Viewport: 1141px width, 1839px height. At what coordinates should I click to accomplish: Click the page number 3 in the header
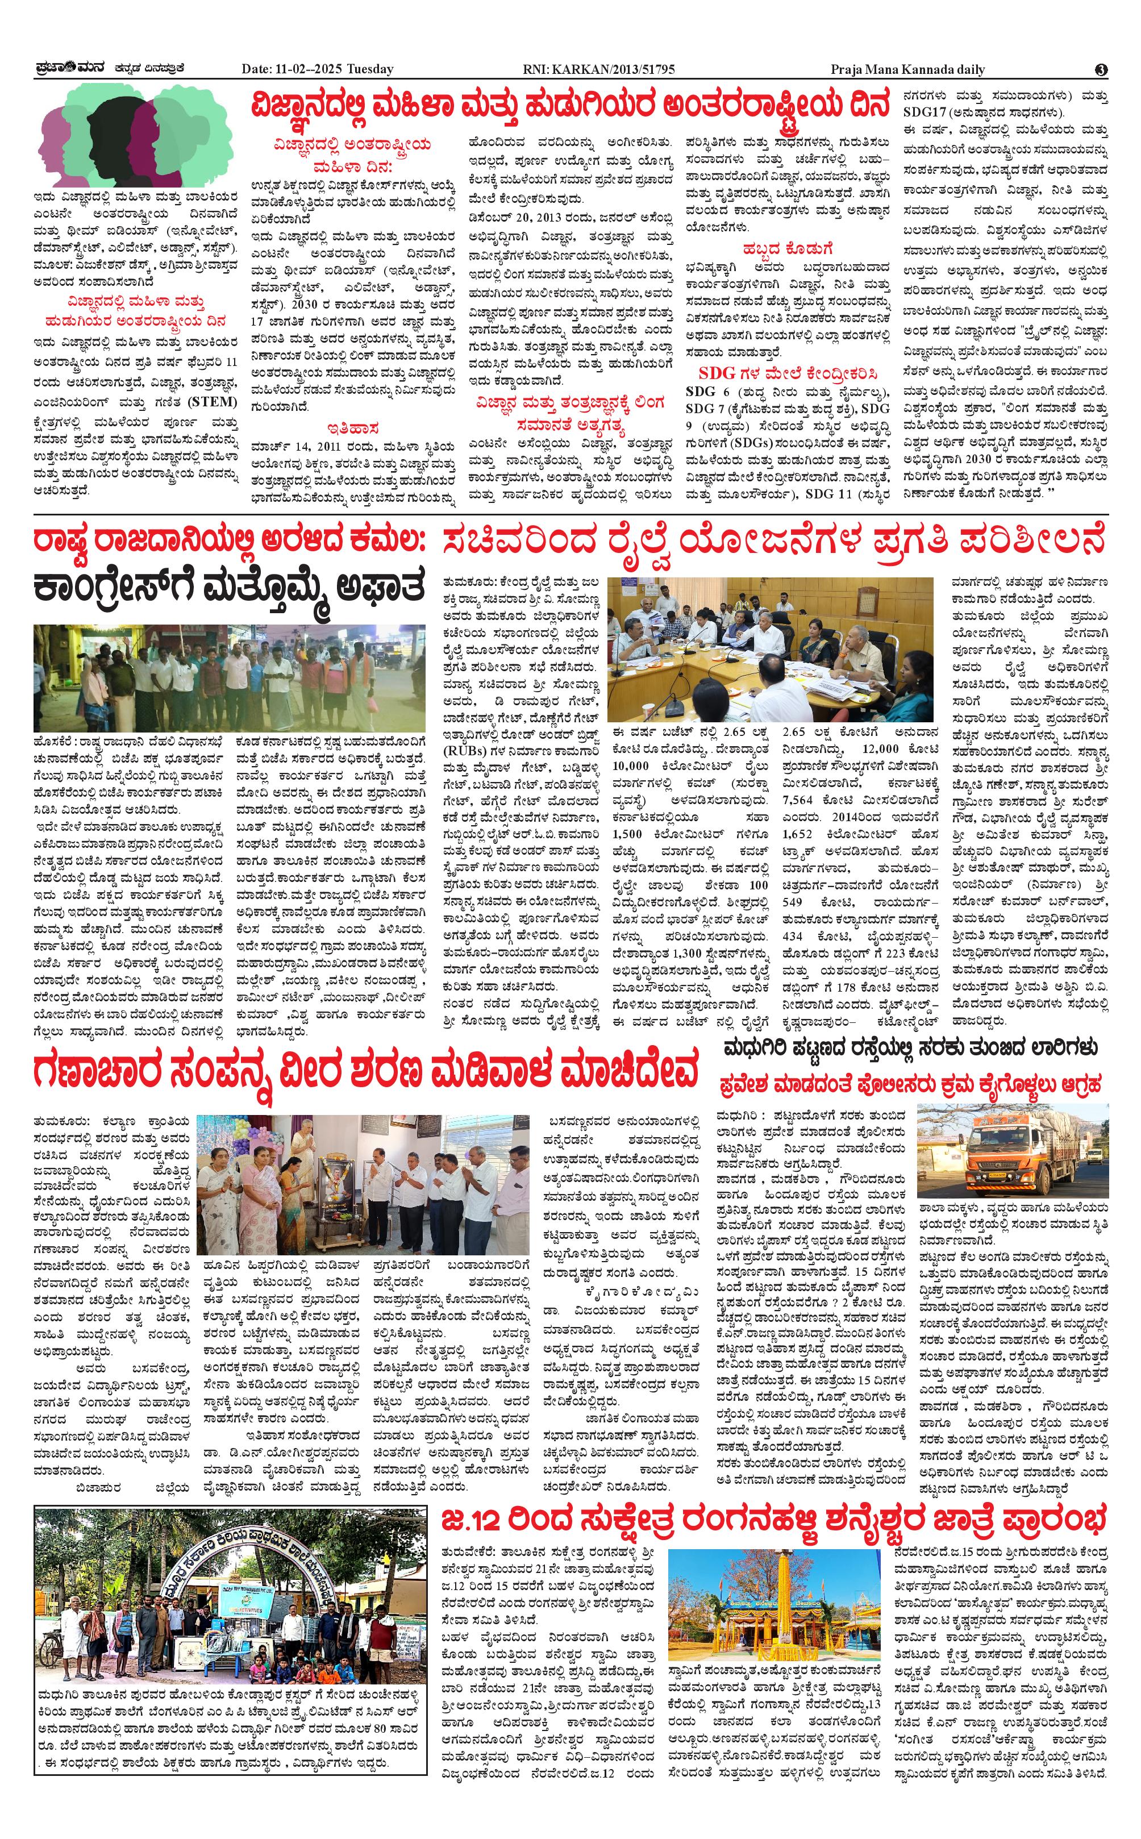[1101, 69]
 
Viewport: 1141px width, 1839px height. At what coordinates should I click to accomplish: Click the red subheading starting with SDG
[787, 373]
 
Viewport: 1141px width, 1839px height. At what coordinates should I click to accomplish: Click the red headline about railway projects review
[773, 542]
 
